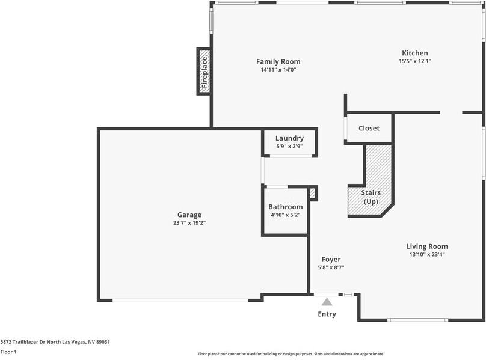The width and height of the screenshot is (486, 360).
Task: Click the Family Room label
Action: pyautogui.click(x=278, y=61)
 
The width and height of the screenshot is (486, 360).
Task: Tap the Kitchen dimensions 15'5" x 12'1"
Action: pyautogui.click(x=414, y=61)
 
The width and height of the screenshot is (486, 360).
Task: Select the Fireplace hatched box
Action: pyautogui.click(x=204, y=72)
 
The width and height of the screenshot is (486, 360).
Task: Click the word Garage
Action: pyautogui.click(x=189, y=215)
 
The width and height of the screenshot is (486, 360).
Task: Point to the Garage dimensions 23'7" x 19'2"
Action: pyautogui.click(x=189, y=223)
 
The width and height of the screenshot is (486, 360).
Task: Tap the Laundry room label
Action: pyautogui.click(x=289, y=138)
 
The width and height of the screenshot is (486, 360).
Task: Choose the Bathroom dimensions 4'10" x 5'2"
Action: pyautogui.click(x=286, y=215)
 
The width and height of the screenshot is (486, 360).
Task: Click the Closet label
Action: pyautogui.click(x=369, y=128)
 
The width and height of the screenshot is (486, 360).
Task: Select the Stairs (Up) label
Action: pyautogui.click(x=371, y=197)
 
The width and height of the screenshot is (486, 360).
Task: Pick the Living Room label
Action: pyautogui.click(x=427, y=246)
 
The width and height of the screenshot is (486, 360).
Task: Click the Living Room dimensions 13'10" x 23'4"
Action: pyautogui.click(x=427, y=254)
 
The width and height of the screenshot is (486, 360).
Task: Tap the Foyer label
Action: pyautogui.click(x=331, y=260)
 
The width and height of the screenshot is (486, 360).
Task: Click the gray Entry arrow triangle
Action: pyautogui.click(x=327, y=302)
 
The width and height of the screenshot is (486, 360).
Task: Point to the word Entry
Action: pyautogui.click(x=327, y=314)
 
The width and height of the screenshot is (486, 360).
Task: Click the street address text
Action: pyautogui.click(x=55, y=342)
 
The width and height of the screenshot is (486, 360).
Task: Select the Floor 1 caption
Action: pyautogui.click(x=8, y=352)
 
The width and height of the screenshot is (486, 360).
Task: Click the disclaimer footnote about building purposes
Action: pyautogui.click(x=291, y=354)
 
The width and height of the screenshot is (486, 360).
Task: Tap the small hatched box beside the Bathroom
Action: pyautogui.click(x=312, y=194)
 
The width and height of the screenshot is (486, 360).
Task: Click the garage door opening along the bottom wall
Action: pyautogui.click(x=180, y=301)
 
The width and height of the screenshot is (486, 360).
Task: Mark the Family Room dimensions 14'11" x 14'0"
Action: pyautogui.click(x=278, y=70)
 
